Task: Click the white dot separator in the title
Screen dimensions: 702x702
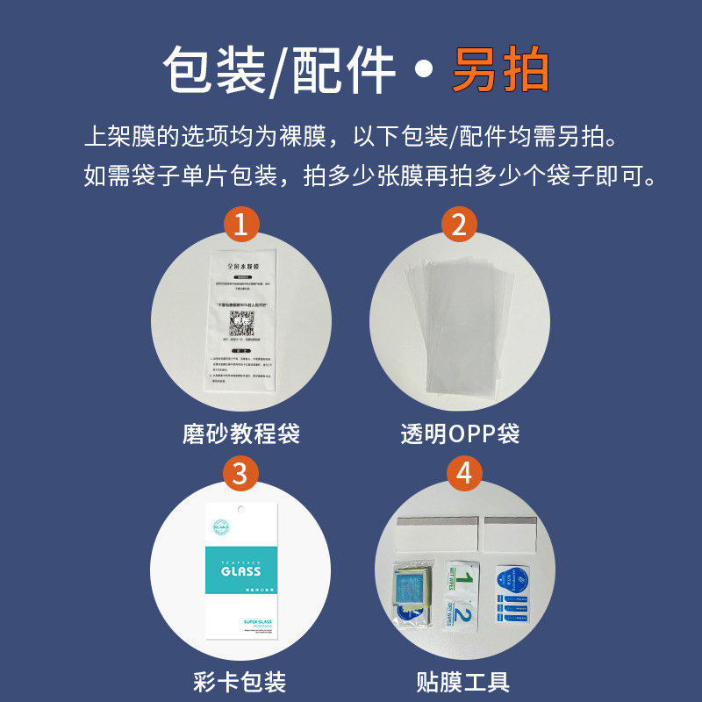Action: tap(423, 72)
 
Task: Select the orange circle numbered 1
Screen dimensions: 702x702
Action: tap(240, 225)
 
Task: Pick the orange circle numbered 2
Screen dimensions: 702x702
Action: tap(458, 225)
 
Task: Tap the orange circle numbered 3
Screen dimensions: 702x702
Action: tap(240, 473)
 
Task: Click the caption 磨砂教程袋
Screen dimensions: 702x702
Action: tap(241, 433)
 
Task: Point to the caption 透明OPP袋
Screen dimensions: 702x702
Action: tap(460, 433)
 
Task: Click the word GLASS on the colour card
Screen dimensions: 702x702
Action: tap(240, 570)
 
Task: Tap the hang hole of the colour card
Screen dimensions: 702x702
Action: tap(239, 512)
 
